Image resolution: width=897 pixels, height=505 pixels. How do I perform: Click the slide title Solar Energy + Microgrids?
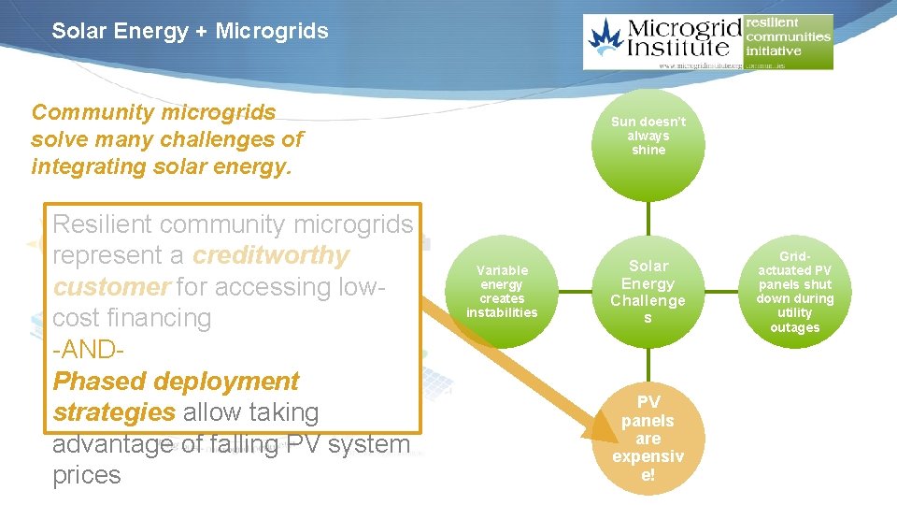coord(190,31)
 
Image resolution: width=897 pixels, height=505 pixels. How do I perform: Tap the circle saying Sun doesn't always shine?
coord(648,137)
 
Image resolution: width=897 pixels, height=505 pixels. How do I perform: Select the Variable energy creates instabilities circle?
coord(502,291)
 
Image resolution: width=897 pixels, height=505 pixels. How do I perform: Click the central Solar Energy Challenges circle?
coord(648,292)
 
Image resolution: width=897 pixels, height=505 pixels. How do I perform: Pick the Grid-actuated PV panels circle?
coord(794,291)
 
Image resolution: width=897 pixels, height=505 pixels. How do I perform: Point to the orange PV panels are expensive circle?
coord(648,438)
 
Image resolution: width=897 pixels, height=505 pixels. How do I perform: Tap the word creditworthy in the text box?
coord(271,255)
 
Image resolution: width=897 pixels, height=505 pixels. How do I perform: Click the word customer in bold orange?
coord(111,286)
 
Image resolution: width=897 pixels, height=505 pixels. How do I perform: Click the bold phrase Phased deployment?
coord(176,381)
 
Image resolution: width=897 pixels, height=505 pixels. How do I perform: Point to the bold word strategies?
coord(114,412)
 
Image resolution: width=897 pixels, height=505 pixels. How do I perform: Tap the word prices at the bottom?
coord(87,475)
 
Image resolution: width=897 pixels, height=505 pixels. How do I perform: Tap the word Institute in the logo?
coord(684,48)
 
